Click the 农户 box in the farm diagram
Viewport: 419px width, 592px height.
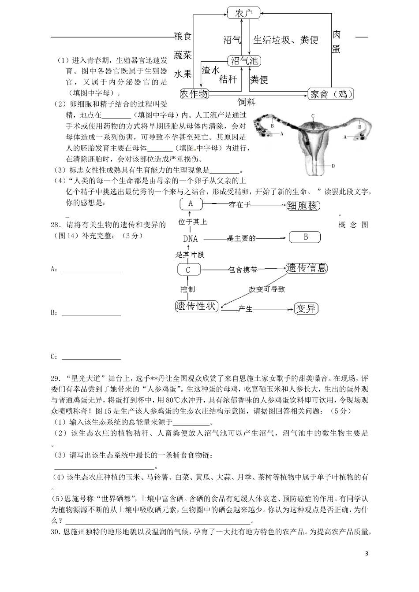pyautogui.click(x=244, y=13)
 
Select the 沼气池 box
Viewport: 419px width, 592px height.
pyautogui.click(x=244, y=61)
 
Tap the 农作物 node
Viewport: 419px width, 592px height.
pyautogui.click(x=194, y=93)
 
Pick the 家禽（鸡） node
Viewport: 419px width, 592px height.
pyautogui.click(x=331, y=94)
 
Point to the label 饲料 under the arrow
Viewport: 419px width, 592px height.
pyautogui.click(x=247, y=103)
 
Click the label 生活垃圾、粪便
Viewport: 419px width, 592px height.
pyautogui.click(x=285, y=40)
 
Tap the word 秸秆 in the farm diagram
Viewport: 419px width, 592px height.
pyautogui.click(x=228, y=79)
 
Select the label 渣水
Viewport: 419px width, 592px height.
pyautogui.click(x=210, y=70)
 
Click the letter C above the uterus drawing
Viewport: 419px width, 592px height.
pyautogui.click(x=313, y=116)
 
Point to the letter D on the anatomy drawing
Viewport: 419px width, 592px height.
pyautogui.click(x=333, y=166)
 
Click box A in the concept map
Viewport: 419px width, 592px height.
pyautogui.click(x=191, y=204)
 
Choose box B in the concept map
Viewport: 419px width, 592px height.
pyautogui.click(x=305, y=237)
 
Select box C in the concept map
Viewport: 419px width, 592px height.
pyautogui.click(x=188, y=270)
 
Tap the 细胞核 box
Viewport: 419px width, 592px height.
pyautogui.click(x=303, y=205)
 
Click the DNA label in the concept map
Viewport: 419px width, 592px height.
pyautogui.click(x=191, y=239)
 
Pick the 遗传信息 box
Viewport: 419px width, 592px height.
pyautogui.click(x=307, y=268)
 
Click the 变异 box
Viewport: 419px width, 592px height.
pyautogui.click(x=306, y=308)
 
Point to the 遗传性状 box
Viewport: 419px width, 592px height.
pyautogui.click(x=196, y=306)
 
